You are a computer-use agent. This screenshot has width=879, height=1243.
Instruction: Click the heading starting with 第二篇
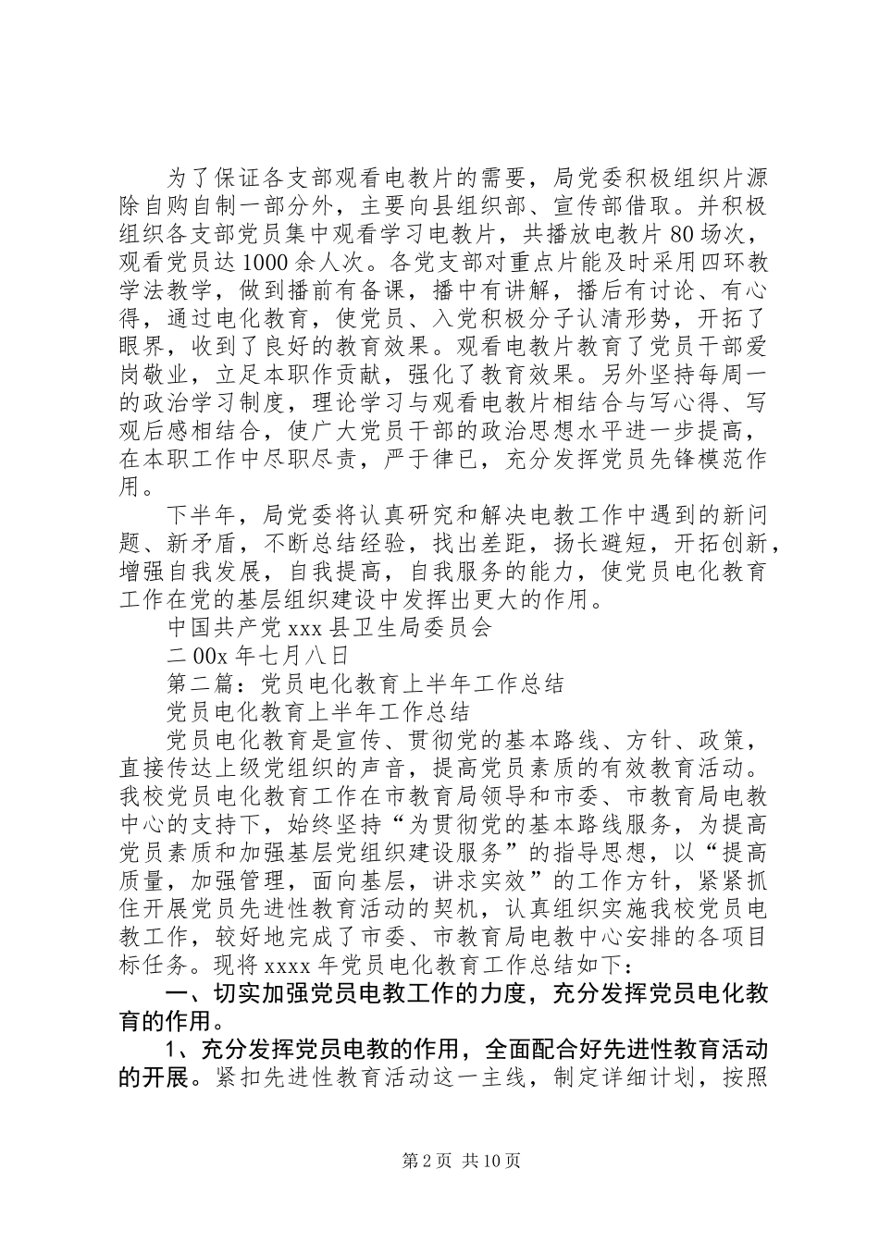click(x=365, y=684)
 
